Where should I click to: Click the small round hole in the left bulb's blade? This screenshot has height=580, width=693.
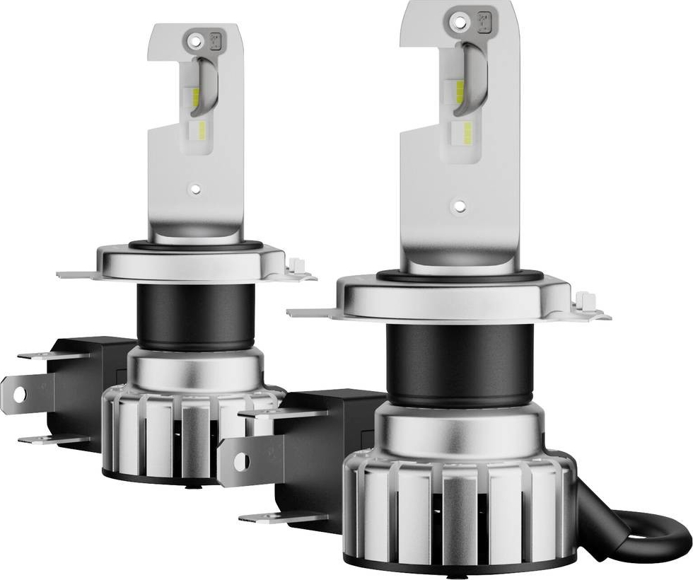(x=196, y=189)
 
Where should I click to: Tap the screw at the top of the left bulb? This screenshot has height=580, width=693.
(x=196, y=35)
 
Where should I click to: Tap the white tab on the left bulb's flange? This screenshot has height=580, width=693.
(x=297, y=267)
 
